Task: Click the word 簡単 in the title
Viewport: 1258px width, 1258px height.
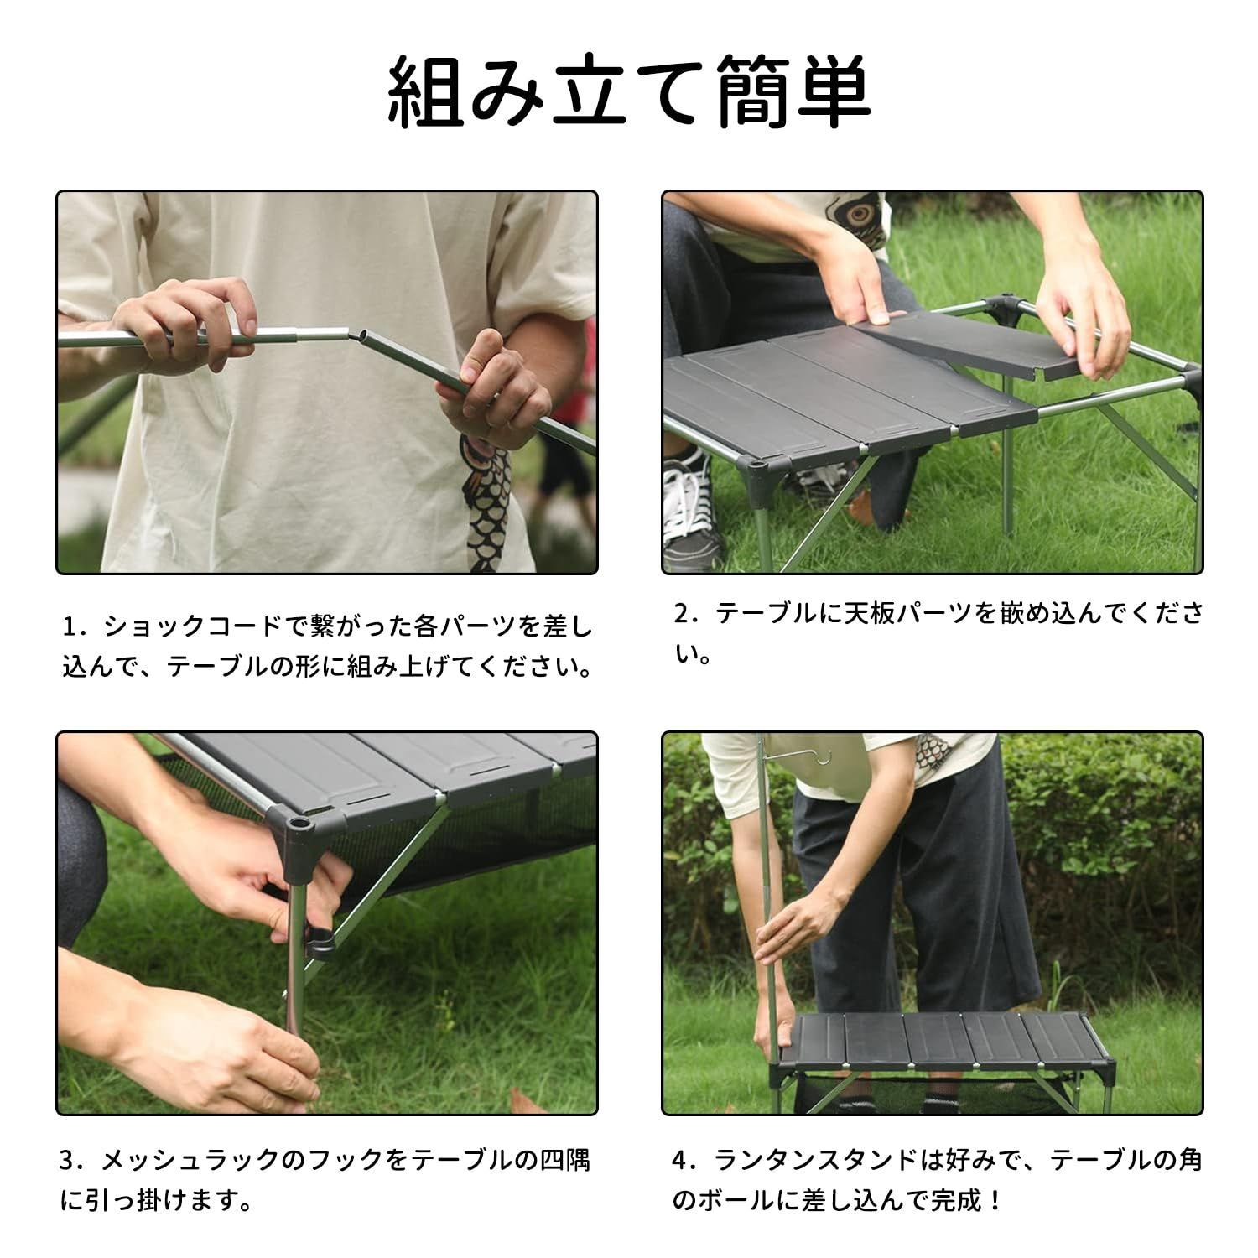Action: (x=793, y=94)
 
